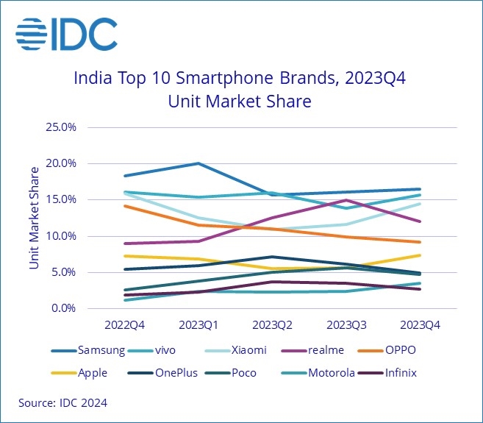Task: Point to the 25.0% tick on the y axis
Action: pyautogui.click(x=61, y=127)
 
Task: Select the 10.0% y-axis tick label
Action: pyautogui.click(x=61, y=236)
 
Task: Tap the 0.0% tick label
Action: pyautogui.click(x=64, y=308)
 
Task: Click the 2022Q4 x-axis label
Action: pyautogui.click(x=125, y=324)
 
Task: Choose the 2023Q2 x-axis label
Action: pyautogui.click(x=273, y=324)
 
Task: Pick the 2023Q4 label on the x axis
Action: pyautogui.click(x=420, y=324)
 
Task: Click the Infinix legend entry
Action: pyautogui.click(x=399, y=372)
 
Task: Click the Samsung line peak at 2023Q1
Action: pyautogui.click(x=198, y=163)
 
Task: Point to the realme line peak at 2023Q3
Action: pyautogui.click(x=346, y=200)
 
